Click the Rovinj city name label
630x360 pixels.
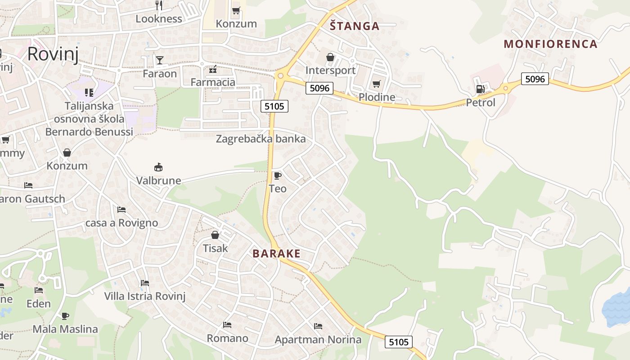(x=53, y=54)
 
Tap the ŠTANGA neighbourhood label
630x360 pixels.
(x=355, y=26)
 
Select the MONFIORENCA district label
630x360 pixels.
(x=550, y=44)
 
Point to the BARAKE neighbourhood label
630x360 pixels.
(x=276, y=254)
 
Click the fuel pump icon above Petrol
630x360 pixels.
(x=480, y=89)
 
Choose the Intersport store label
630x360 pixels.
(x=330, y=70)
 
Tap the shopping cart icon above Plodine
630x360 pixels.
(x=377, y=84)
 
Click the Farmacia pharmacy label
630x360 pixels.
(x=213, y=82)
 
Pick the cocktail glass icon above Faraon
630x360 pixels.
(x=159, y=60)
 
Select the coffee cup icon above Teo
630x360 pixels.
(x=277, y=175)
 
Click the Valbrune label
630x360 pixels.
(x=158, y=180)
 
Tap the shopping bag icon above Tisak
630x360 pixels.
(x=215, y=235)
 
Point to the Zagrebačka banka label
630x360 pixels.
(x=261, y=139)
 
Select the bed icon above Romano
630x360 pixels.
(x=227, y=324)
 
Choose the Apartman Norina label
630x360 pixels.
(x=318, y=339)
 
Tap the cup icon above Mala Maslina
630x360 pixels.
(x=65, y=316)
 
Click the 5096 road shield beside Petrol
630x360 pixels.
(x=535, y=79)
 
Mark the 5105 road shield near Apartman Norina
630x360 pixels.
(x=399, y=342)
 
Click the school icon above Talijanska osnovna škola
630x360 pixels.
(x=89, y=92)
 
